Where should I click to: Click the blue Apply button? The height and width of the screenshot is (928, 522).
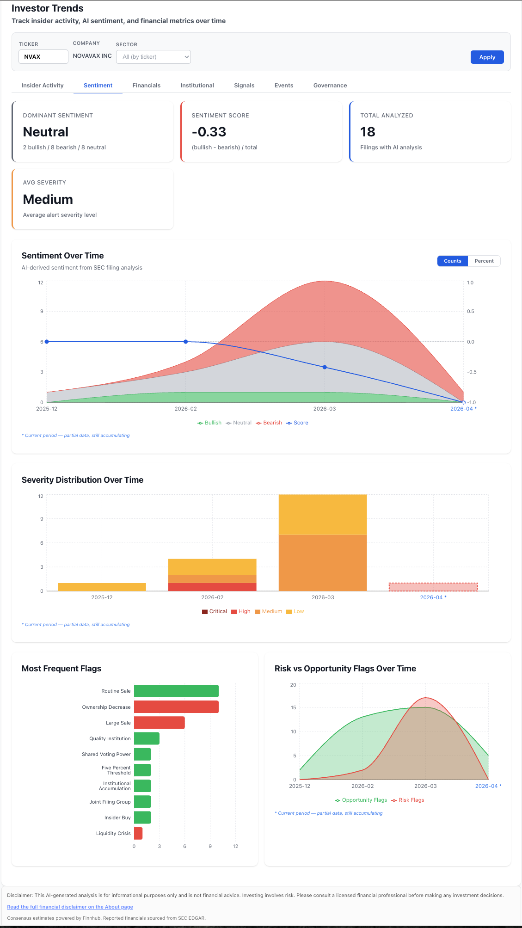pyautogui.click(x=487, y=57)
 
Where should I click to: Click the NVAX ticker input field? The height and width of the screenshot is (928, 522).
pyautogui.click(x=43, y=56)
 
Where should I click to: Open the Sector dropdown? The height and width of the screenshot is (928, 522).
pyautogui.click(x=153, y=57)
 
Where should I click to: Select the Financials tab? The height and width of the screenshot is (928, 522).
pyautogui.click(x=146, y=86)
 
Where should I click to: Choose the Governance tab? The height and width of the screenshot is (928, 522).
pyautogui.click(x=330, y=86)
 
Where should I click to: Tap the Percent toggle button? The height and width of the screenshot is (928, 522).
pyautogui.click(x=484, y=261)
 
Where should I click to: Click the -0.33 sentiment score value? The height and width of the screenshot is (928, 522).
pyautogui.click(x=209, y=132)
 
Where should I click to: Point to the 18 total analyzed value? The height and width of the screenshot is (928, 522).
pyautogui.click(x=368, y=132)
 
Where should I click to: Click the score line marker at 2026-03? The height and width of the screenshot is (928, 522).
pyautogui.click(x=325, y=367)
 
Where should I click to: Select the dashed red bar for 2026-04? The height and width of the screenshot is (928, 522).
pyautogui.click(x=433, y=587)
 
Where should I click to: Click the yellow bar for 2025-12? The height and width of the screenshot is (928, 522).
pyautogui.click(x=102, y=587)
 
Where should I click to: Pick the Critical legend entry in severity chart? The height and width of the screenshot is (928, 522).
pyautogui.click(x=215, y=611)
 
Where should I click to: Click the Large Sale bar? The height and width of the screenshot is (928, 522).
pyautogui.click(x=159, y=723)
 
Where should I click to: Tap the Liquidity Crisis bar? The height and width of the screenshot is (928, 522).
pyautogui.click(x=138, y=833)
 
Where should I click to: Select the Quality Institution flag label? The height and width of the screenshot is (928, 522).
pyautogui.click(x=110, y=738)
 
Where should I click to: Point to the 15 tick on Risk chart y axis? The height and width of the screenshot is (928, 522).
pyautogui.click(x=293, y=707)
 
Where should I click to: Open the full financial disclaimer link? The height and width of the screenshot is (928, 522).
pyautogui.click(x=70, y=907)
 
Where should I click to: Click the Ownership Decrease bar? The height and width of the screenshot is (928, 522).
pyautogui.click(x=176, y=707)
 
